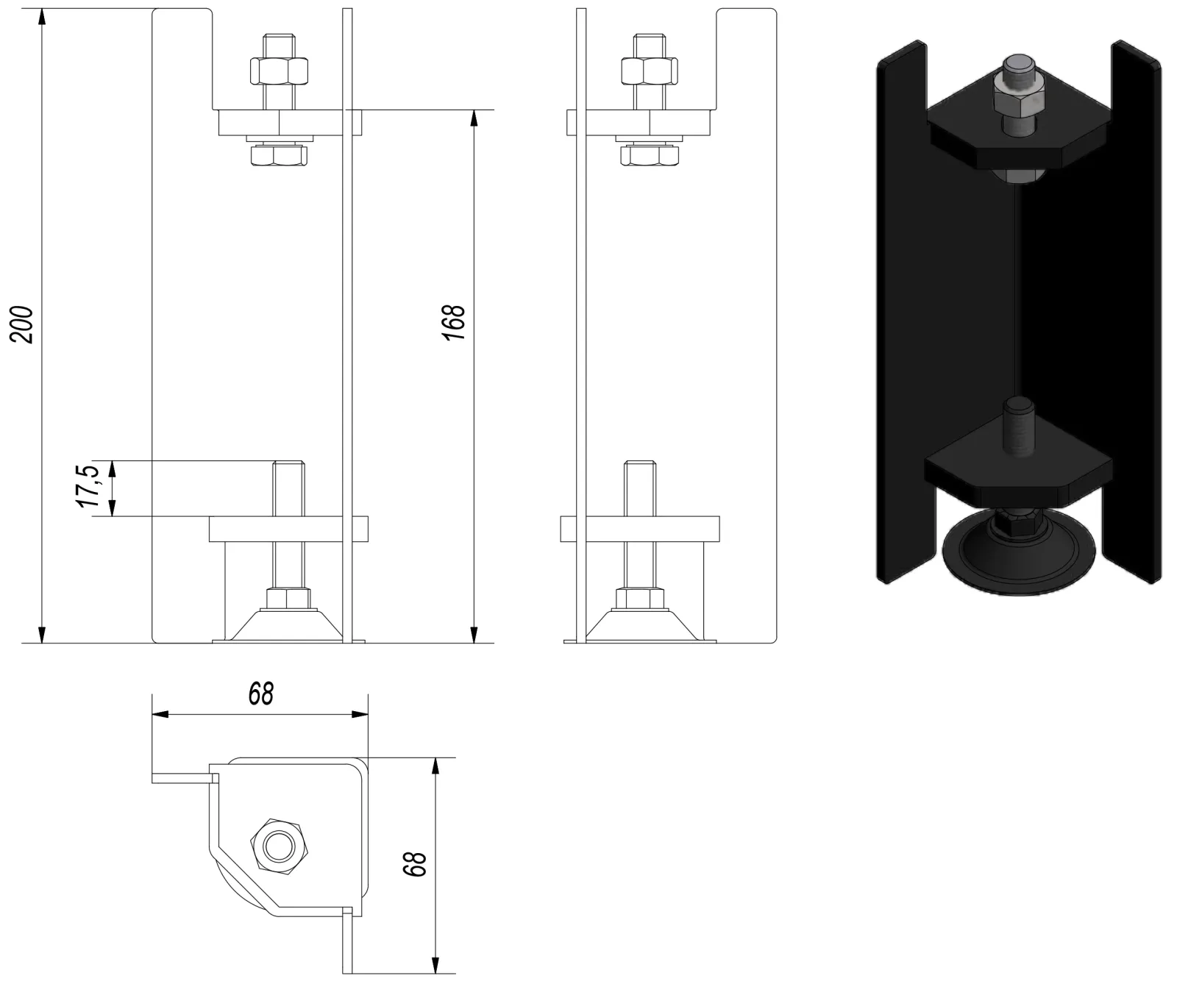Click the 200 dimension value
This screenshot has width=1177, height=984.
pyautogui.click(x=23, y=324)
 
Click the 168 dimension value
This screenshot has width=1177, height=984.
pyautogui.click(x=455, y=321)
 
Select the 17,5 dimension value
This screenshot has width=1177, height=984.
pyautogui.click(x=88, y=485)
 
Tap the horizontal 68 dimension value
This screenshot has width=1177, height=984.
pyautogui.click(x=260, y=693)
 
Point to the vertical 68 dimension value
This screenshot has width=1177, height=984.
pyautogui.click(x=416, y=864)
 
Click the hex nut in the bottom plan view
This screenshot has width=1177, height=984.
pyautogui.click(x=279, y=846)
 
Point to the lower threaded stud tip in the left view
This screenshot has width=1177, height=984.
pyautogui.click(x=289, y=463)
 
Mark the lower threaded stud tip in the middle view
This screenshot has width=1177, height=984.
pyautogui.click(x=639, y=463)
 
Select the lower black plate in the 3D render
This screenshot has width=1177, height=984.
pyautogui.click(x=1018, y=474)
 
